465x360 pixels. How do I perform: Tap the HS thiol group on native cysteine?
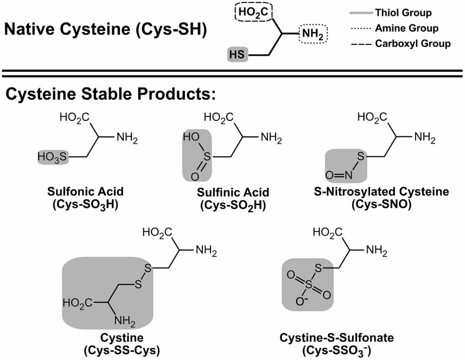(x=237, y=55)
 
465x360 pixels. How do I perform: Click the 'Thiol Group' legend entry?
(x=403, y=13)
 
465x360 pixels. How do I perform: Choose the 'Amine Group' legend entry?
(x=406, y=28)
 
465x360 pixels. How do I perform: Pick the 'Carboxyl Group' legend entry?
(x=412, y=44)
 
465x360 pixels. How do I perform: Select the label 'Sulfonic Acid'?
(x=85, y=191)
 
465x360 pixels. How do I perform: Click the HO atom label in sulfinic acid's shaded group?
(x=191, y=136)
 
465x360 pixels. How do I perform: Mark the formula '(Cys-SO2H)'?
(x=233, y=205)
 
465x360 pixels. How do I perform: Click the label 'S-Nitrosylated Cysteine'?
(x=381, y=191)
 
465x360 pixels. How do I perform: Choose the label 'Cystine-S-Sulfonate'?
(x=337, y=338)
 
